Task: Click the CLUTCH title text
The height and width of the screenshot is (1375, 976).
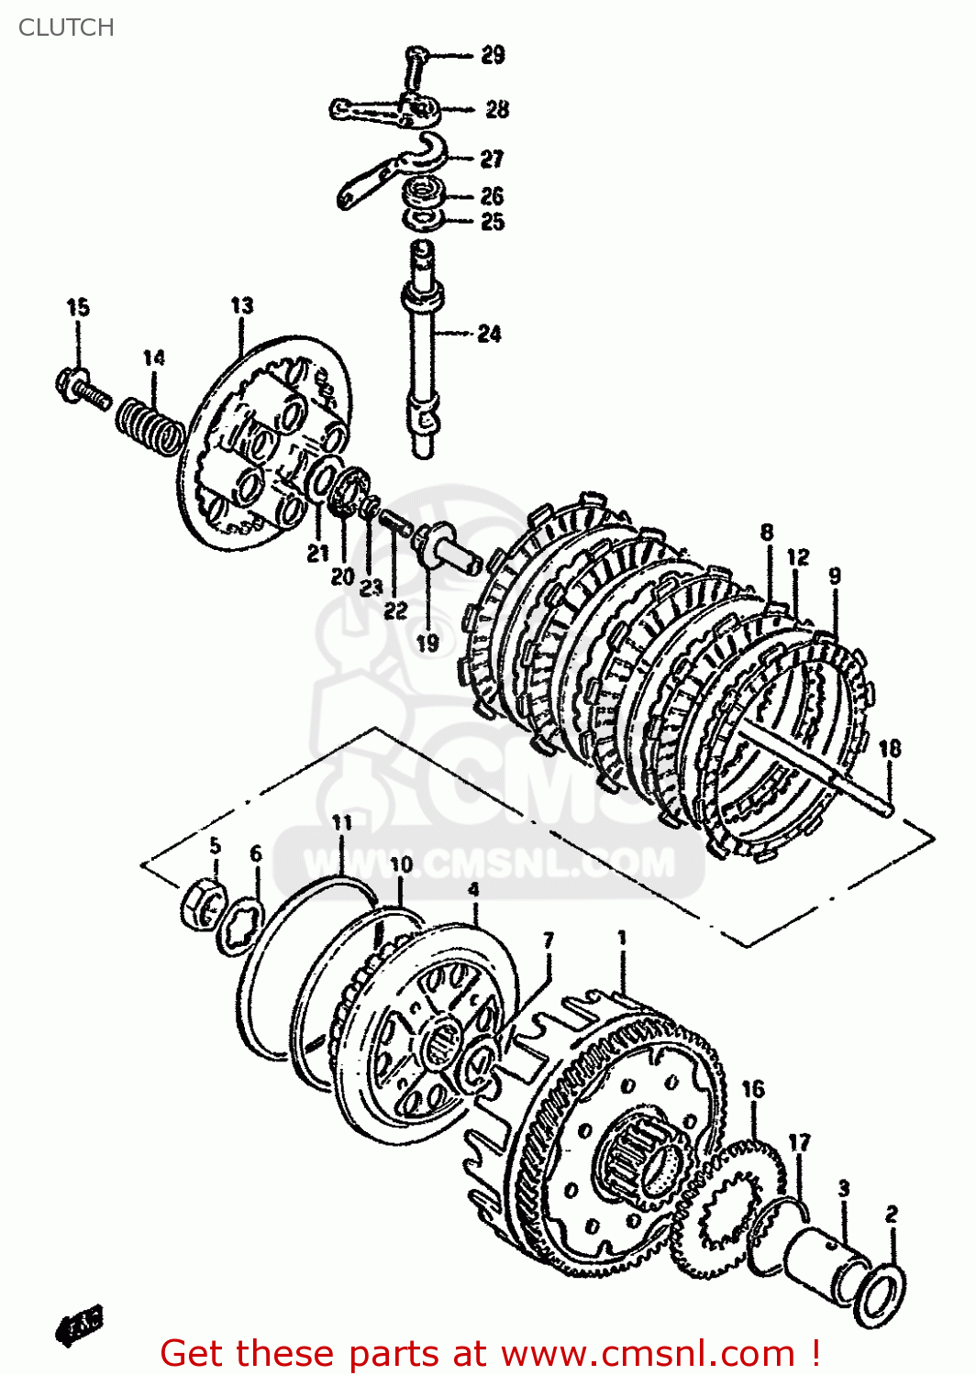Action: click(x=66, y=27)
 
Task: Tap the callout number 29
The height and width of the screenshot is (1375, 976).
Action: click(x=493, y=55)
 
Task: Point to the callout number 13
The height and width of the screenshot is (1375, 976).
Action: click(x=241, y=305)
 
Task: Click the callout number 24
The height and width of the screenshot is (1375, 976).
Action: click(x=489, y=334)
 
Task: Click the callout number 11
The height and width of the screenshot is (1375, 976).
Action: click(x=342, y=822)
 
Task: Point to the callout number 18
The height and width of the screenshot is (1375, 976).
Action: click(x=889, y=749)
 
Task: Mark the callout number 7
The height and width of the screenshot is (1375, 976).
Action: click(x=548, y=940)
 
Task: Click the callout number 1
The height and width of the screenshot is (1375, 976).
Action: click(x=622, y=938)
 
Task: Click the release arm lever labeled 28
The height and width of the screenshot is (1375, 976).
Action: click(x=381, y=111)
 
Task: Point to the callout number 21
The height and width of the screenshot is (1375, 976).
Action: click(x=317, y=553)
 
